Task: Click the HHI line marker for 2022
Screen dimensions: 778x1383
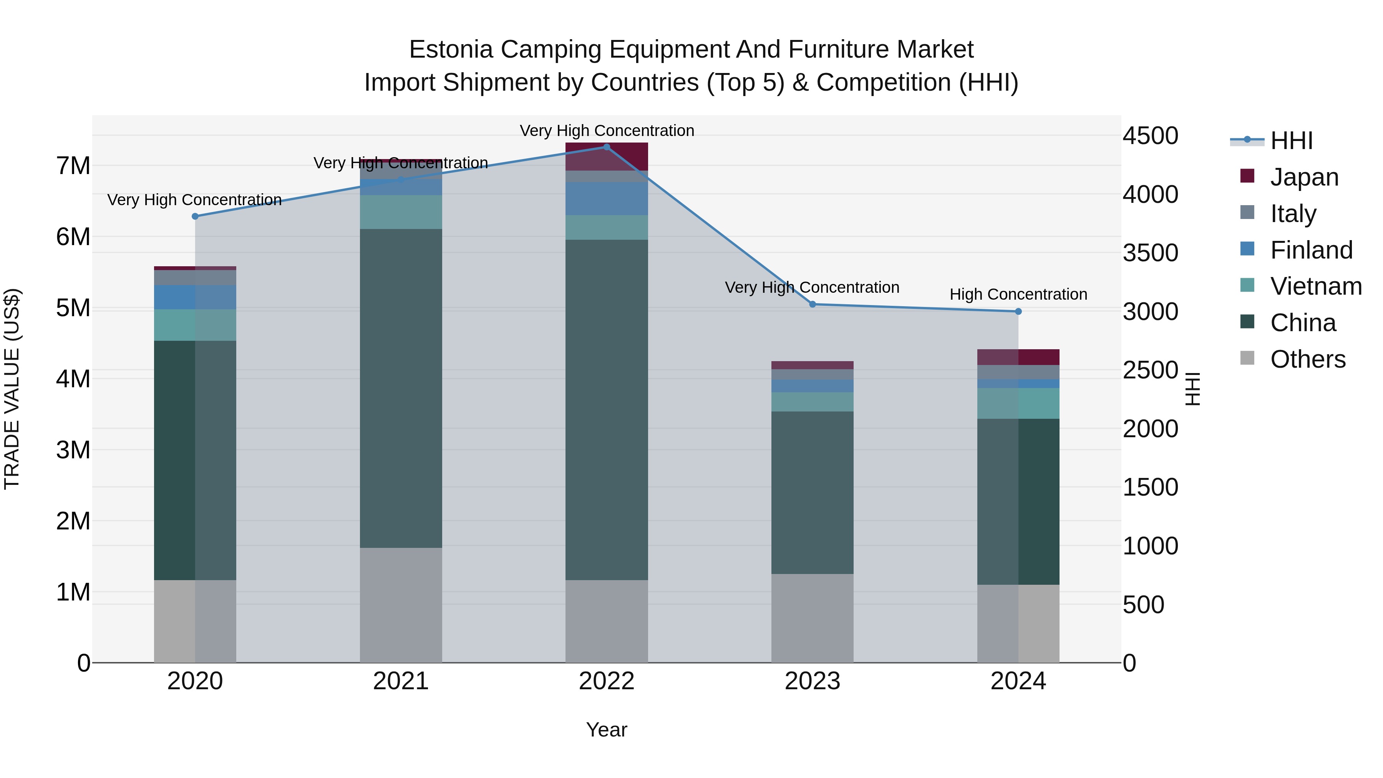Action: (x=607, y=147)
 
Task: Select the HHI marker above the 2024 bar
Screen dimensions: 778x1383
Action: (x=1018, y=312)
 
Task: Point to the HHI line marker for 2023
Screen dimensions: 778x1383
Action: (x=812, y=304)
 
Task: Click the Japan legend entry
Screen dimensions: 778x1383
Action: (x=1303, y=177)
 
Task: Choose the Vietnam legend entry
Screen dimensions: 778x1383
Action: (x=1315, y=286)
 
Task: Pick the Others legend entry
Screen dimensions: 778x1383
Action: (x=1307, y=359)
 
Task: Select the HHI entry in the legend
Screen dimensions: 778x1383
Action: (x=1291, y=141)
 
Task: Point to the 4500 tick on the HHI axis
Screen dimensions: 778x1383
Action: (x=1150, y=136)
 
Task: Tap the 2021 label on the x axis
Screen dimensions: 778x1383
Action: (x=401, y=681)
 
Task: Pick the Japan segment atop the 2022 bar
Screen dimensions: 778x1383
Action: (x=607, y=156)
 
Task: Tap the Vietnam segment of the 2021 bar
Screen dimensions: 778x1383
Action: (x=401, y=212)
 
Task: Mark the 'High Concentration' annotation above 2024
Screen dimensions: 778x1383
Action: (x=1018, y=294)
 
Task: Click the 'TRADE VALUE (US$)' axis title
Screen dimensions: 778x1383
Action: (x=12, y=389)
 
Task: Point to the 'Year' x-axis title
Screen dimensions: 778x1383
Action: (x=607, y=730)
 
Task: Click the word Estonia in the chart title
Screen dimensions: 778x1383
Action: (x=451, y=50)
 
